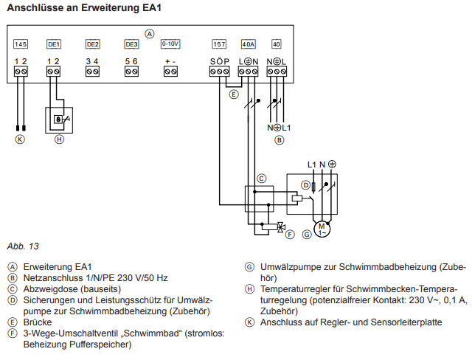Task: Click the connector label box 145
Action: point(21,44)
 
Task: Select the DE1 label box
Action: point(54,44)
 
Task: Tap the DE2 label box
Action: point(92,44)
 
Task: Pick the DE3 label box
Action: point(131,44)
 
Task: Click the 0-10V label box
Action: point(170,44)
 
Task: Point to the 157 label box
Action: point(219,44)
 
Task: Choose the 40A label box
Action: point(249,44)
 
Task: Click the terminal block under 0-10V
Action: point(170,72)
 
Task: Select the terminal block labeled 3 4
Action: point(92,72)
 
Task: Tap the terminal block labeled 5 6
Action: point(131,72)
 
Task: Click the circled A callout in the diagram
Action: point(150,33)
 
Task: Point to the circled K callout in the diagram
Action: point(20,138)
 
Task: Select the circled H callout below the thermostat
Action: point(60,138)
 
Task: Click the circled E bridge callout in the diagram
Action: point(234,94)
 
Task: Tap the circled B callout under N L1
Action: point(279,139)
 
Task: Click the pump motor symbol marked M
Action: point(322,226)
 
